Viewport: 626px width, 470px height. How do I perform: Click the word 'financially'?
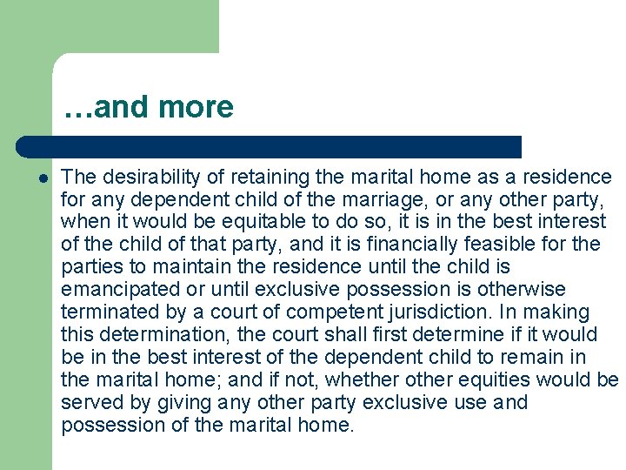pos(435,245)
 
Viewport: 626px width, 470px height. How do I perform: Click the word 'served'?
pos(90,403)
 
